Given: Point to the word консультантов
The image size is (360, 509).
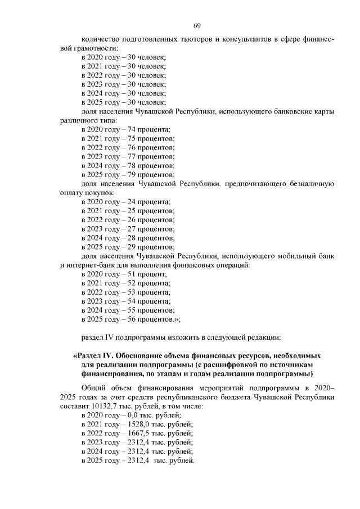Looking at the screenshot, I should point(237,39).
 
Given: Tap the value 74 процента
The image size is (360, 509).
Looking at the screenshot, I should point(149,130).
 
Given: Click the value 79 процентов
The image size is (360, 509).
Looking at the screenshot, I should point(151,174).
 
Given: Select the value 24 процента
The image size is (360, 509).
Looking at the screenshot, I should point(149,201).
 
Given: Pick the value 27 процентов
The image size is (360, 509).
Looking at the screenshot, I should point(151,228).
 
